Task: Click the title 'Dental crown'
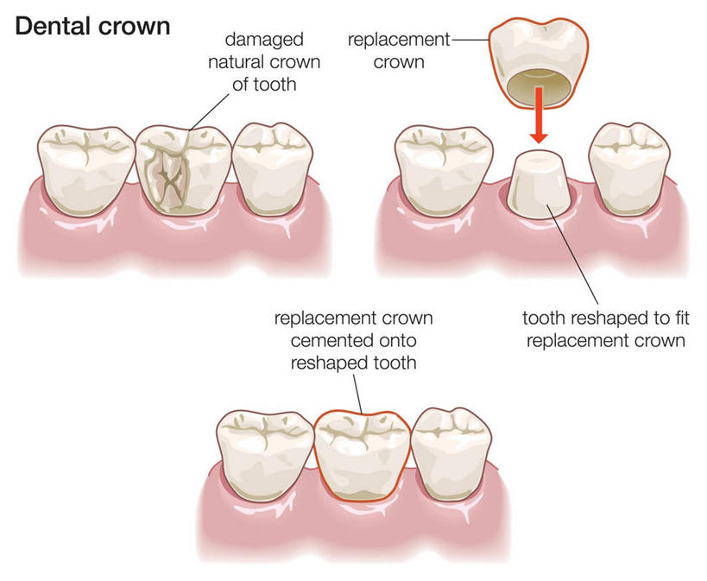pos(92,27)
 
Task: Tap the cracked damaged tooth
pos(184,170)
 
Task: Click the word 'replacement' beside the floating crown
pos(398,40)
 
